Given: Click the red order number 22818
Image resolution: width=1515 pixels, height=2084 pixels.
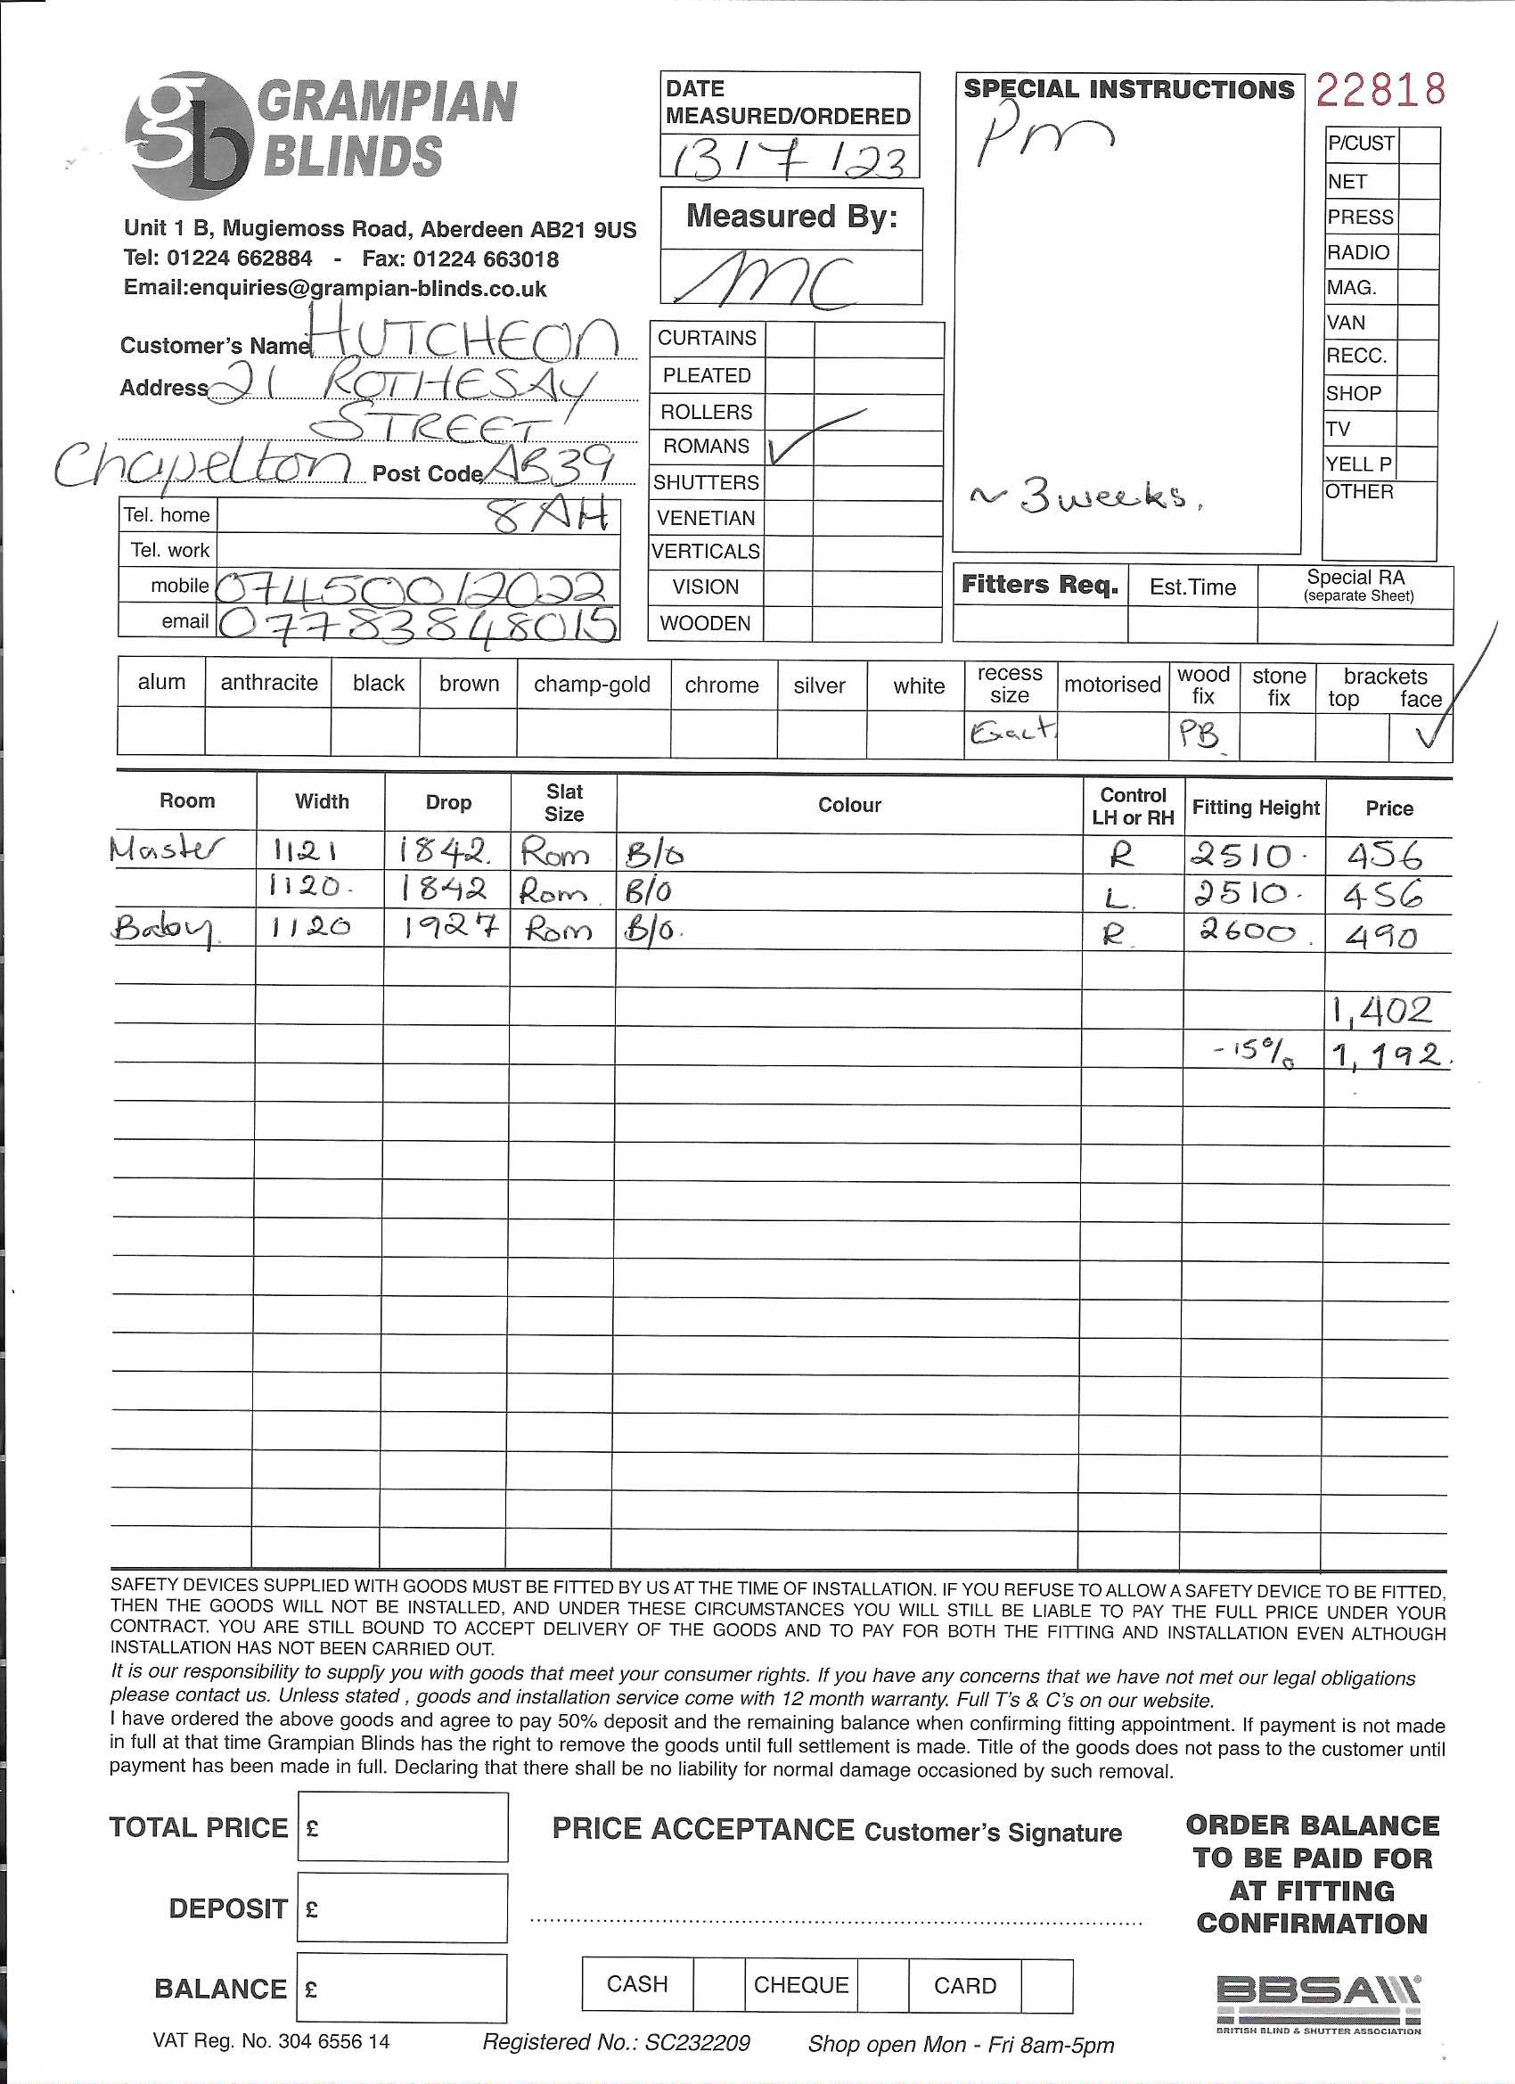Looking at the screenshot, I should pos(1380,90).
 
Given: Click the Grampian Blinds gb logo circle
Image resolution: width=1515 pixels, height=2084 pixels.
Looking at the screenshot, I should pos(188,136).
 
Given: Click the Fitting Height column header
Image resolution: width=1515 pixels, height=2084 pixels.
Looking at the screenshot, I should pos(1255,808).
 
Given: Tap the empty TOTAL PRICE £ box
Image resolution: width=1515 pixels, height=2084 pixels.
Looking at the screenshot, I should pos(403,1827).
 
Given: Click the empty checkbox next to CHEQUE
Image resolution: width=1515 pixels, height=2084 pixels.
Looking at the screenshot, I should pos(883,1985).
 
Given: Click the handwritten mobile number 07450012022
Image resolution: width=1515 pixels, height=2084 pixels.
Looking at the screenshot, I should pos(414,587).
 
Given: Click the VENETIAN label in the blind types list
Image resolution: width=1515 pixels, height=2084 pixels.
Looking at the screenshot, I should pos(706,518).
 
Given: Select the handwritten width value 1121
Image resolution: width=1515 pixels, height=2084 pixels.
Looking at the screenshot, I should pos(304,853).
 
